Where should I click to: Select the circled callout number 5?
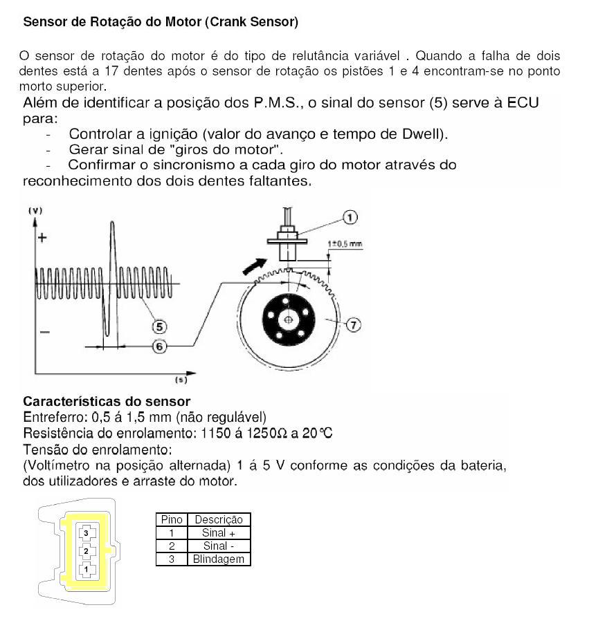(x=158, y=325)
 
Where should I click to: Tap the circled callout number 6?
(x=159, y=346)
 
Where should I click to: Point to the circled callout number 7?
(x=353, y=324)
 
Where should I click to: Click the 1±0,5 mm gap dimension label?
(x=345, y=244)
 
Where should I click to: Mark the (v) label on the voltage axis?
(x=35, y=211)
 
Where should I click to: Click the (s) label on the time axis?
(x=181, y=380)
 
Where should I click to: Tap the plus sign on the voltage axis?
(x=42, y=238)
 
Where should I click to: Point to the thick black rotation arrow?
(x=255, y=266)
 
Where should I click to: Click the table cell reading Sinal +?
(x=218, y=532)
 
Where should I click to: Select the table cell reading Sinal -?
(x=218, y=546)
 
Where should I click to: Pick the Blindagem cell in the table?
(x=218, y=559)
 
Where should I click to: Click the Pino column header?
(x=171, y=519)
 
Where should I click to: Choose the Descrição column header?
(x=218, y=519)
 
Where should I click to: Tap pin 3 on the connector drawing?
(x=86, y=532)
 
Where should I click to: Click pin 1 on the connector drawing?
(x=86, y=569)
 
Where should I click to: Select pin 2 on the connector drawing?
(x=86, y=551)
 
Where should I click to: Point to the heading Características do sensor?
(x=107, y=401)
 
